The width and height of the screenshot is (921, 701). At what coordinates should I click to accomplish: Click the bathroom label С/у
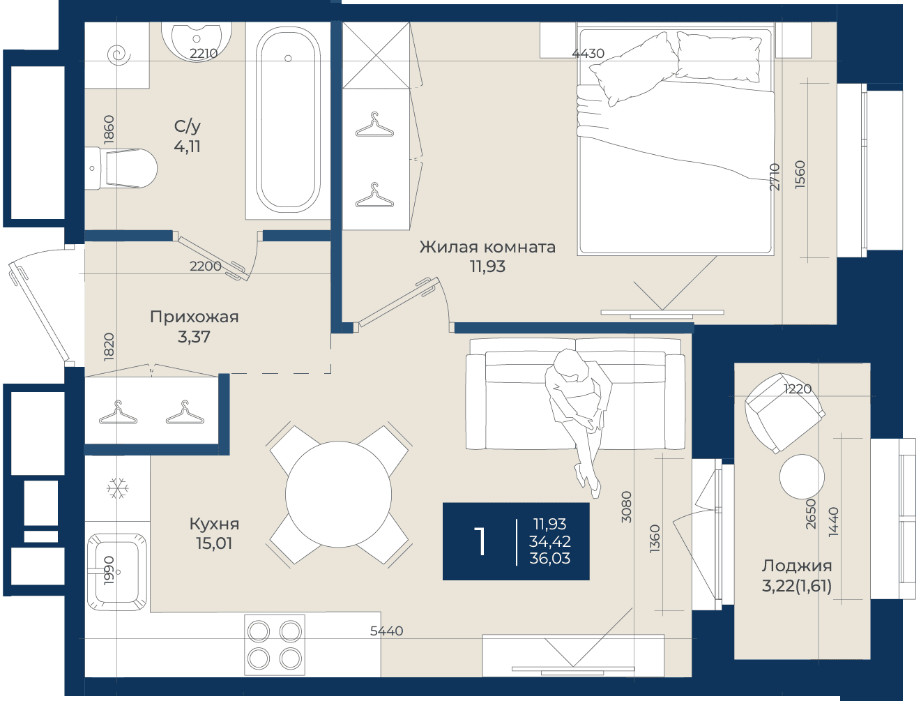click(187, 126)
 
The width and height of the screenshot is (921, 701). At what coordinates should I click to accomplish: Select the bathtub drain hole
click(288, 59)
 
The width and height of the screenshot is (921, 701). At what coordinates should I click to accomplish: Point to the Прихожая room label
click(195, 317)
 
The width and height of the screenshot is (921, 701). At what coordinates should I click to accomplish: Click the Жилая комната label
click(487, 247)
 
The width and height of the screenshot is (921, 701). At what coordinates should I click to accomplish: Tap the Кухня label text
click(214, 524)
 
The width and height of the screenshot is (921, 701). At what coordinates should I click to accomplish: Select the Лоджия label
click(797, 566)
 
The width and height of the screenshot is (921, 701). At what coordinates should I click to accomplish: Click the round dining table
click(339, 494)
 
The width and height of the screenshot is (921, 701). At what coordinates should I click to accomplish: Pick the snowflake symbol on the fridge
click(118, 488)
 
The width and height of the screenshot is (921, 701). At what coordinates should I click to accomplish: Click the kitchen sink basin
click(118, 572)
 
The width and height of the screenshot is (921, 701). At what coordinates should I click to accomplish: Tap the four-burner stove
click(275, 645)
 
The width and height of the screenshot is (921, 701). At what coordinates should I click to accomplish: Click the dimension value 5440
click(386, 631)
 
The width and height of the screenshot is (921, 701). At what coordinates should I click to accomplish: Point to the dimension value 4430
click(588, 53)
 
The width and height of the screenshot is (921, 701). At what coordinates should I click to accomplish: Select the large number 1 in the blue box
click(480, 541)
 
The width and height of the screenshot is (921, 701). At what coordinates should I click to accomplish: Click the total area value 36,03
click(549, 558)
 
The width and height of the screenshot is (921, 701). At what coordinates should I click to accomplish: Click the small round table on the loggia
click(802, 477)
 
